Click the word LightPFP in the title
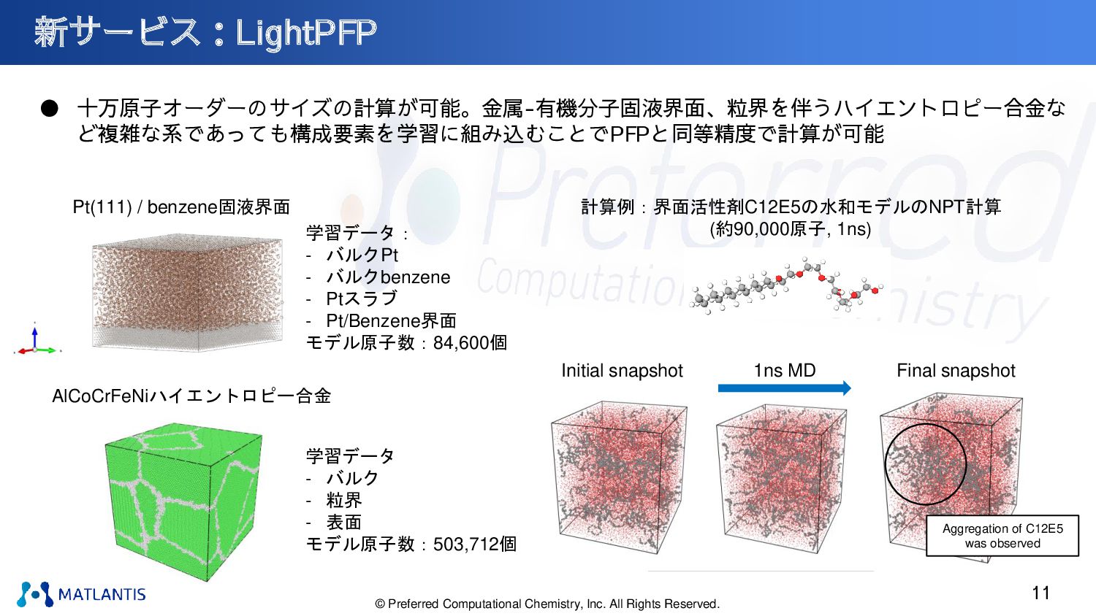(306, 33)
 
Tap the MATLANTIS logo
(81, 594)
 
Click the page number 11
(1040, 593)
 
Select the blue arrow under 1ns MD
(784, 388)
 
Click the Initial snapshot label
(622, 371)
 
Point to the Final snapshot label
(956, 371)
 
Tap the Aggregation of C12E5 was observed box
(1002, 536)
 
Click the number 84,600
(460, 343)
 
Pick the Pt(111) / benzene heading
(181, 207)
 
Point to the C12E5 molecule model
(785, 285)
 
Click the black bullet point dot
(50, 109)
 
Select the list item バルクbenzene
(388, 277)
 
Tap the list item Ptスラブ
(362, 299)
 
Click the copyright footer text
(547, 604)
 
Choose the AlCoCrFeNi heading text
(191, 396)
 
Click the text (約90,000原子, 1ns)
(790, 228)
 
